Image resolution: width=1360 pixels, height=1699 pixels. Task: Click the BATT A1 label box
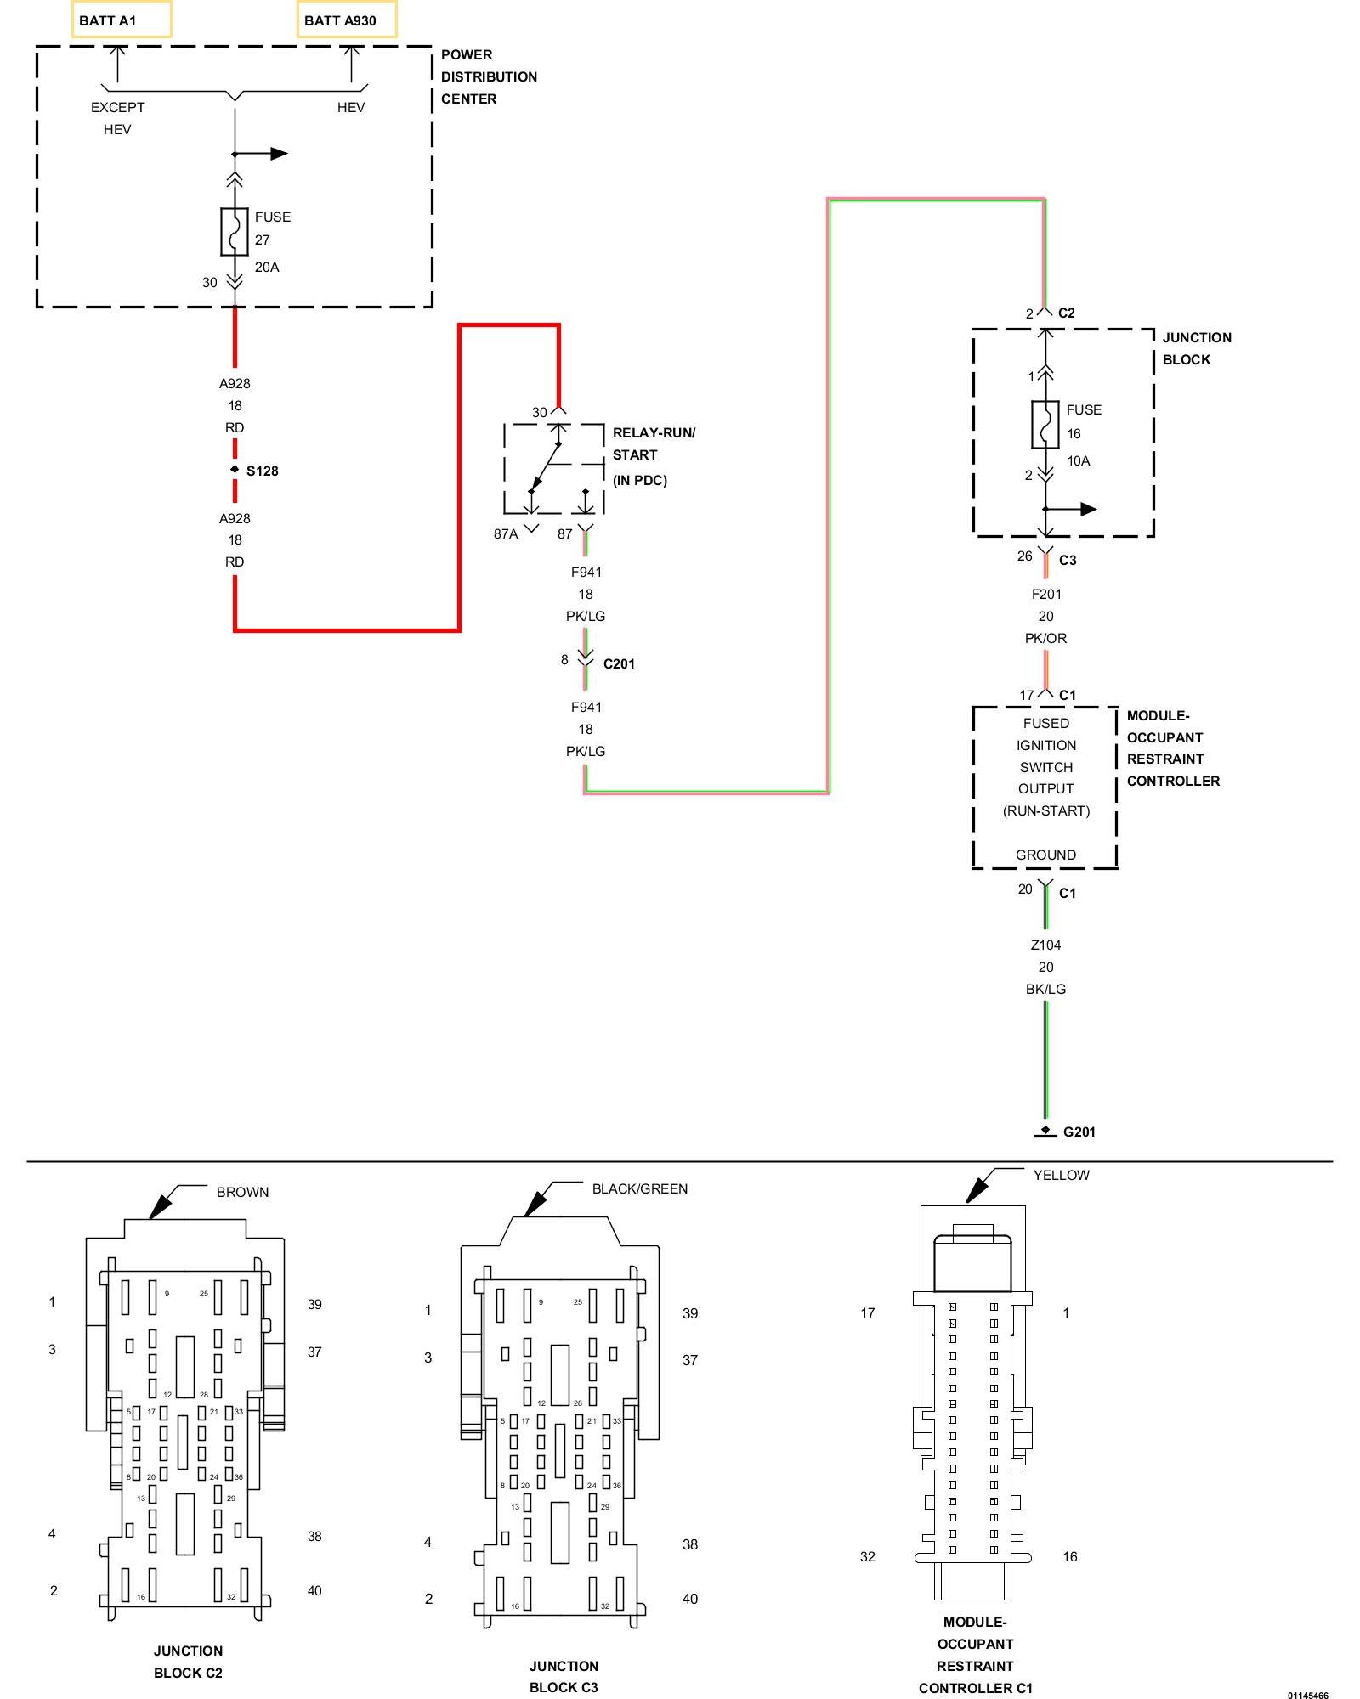coord(122,20)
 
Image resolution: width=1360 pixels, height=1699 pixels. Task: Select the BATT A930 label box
coord(347,20)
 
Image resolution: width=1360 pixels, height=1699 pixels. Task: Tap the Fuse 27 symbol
coord(235,231)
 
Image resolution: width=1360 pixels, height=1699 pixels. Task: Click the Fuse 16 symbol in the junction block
coord(1045,424)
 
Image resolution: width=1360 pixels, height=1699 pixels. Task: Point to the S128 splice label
coord(262,471)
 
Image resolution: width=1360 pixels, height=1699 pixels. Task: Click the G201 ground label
coord(1079,1132)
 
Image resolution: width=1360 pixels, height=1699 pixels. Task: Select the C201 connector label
coord(619,663)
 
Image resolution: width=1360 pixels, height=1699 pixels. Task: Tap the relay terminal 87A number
coord(506,533)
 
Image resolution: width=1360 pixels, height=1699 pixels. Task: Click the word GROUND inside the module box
coord(1045,855)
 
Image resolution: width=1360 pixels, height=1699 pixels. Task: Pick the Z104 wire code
coord(1045,945)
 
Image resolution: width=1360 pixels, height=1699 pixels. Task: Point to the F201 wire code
coord(1046,594)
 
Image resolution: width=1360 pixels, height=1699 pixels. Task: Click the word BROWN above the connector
coord(242,1192)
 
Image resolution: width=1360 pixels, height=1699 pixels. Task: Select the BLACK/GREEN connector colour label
coord(640,1188)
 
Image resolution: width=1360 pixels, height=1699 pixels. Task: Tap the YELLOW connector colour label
coord(1061,1175)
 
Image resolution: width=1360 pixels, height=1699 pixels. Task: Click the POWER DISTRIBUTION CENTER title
coord(489,76)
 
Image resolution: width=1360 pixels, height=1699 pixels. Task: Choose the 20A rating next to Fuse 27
coord(267,267)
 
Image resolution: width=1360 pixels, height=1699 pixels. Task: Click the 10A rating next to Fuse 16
coord(1079,460)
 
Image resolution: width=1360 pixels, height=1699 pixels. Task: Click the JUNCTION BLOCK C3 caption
coord(564,1676)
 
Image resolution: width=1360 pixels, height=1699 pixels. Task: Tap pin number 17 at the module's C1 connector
coord(1026,695)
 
